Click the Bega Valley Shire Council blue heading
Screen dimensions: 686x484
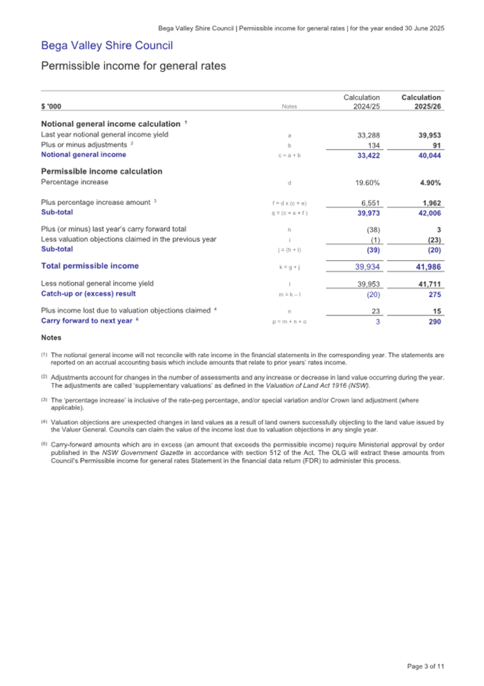coord(107,47)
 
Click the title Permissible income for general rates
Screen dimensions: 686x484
coord(133,67)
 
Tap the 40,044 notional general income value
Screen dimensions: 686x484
coord(429,155)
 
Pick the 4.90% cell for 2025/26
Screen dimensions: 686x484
coord(430,183)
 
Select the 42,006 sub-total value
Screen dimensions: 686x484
coord(429,213)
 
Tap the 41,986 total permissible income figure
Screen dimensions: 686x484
coord(428,267)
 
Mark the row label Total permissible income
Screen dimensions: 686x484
coord(90,266)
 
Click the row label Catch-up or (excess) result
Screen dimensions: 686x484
coord(88,294)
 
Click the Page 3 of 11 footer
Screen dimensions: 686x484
coord(425,666)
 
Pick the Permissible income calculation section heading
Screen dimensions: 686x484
coord(101,171)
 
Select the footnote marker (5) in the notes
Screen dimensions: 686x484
coord(44,446)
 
